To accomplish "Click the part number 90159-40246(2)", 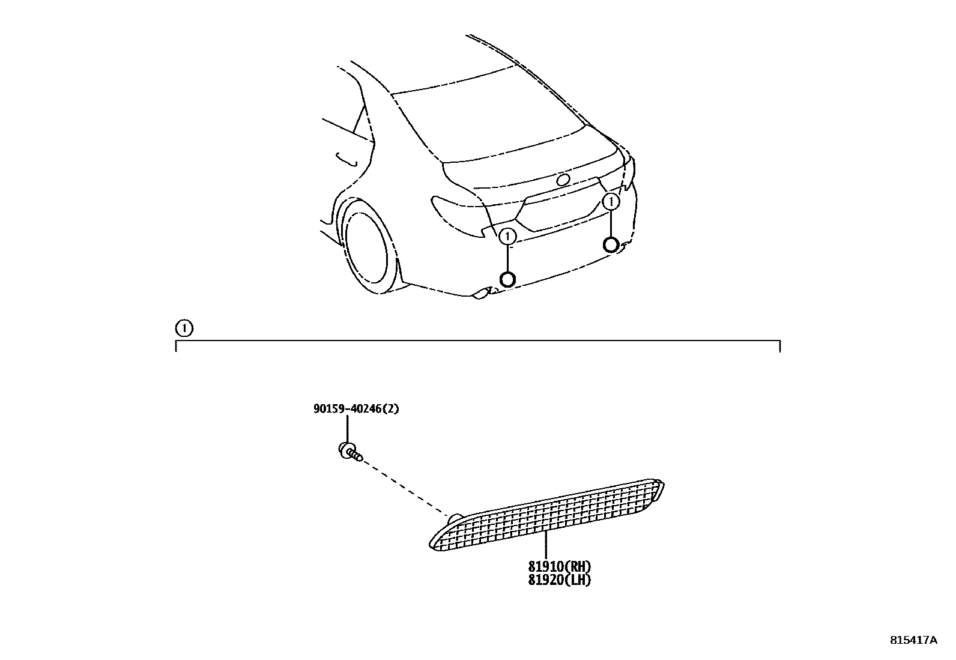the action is click(x=356, y=409).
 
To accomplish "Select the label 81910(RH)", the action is click(x=560, y=566).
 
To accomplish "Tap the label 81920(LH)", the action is click(x=560, y=580).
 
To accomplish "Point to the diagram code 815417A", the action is click(x=913, y=640).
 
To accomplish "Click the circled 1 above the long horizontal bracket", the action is click(x=184, y=328).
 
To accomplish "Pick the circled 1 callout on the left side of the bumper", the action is click(x=507, y=237).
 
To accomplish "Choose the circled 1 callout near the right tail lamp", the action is click(x=611, y=202).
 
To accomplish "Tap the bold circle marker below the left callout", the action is click(x=508, y=279).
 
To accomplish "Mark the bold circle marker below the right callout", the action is click(x=611, y=244).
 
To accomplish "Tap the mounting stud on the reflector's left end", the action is click(x=455, y=518).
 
